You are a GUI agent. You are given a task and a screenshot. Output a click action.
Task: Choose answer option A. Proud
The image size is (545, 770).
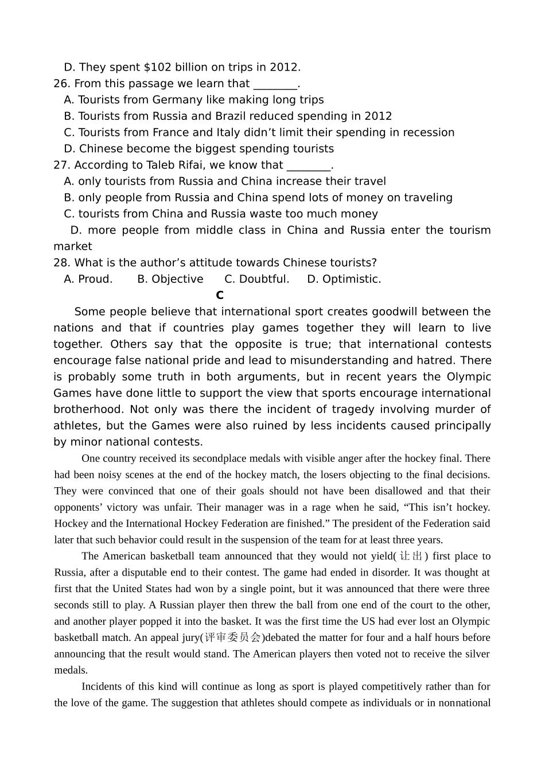(88, 279)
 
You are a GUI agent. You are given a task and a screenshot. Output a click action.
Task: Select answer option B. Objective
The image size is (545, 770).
(170, 279)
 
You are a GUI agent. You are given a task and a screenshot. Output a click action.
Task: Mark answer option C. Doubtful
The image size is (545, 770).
(256, 279)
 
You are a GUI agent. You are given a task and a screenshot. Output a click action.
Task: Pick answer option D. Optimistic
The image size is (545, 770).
(344, 279)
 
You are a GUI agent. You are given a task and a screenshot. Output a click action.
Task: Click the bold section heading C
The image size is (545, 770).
(220, 295)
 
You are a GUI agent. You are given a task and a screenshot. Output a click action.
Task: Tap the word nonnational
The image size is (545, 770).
(464, 703)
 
